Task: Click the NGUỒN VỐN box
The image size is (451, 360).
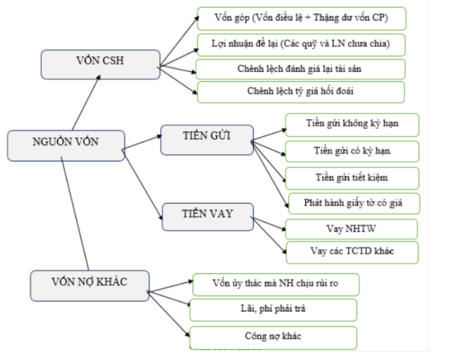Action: (x=66, y=144)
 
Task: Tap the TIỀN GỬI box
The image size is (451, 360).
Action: (x=206, y=139)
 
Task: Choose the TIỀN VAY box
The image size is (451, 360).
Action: (x=206, y=216)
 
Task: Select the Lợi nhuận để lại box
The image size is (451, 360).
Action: (x=301, y=44)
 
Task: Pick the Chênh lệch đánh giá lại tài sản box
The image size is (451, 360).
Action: (x=301, y=69)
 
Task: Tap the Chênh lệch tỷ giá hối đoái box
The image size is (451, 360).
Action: (x=301, y=92)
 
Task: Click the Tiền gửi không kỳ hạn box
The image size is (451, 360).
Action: (x=352, y=125)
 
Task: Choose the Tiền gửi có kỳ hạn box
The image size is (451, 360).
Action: (x=352, y=151)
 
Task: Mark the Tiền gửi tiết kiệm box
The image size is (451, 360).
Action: (x=352, y=177)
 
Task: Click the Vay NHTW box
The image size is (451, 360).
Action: (x=352, y=229)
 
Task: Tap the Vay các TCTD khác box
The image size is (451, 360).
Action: (x=352, y=252)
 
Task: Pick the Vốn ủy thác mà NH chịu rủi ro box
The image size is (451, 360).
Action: (x=276, y=285)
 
